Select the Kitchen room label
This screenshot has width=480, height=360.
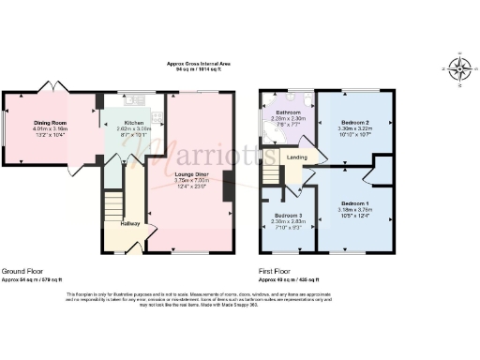tap(134, 123)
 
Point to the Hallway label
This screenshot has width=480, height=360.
tap(130, 223)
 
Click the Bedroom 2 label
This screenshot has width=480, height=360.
tap(354, 123)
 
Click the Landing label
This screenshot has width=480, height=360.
tap(298, 157)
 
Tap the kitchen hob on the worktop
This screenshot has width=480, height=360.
tap(157, 117)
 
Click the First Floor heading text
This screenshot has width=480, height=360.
tap(277, 272)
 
